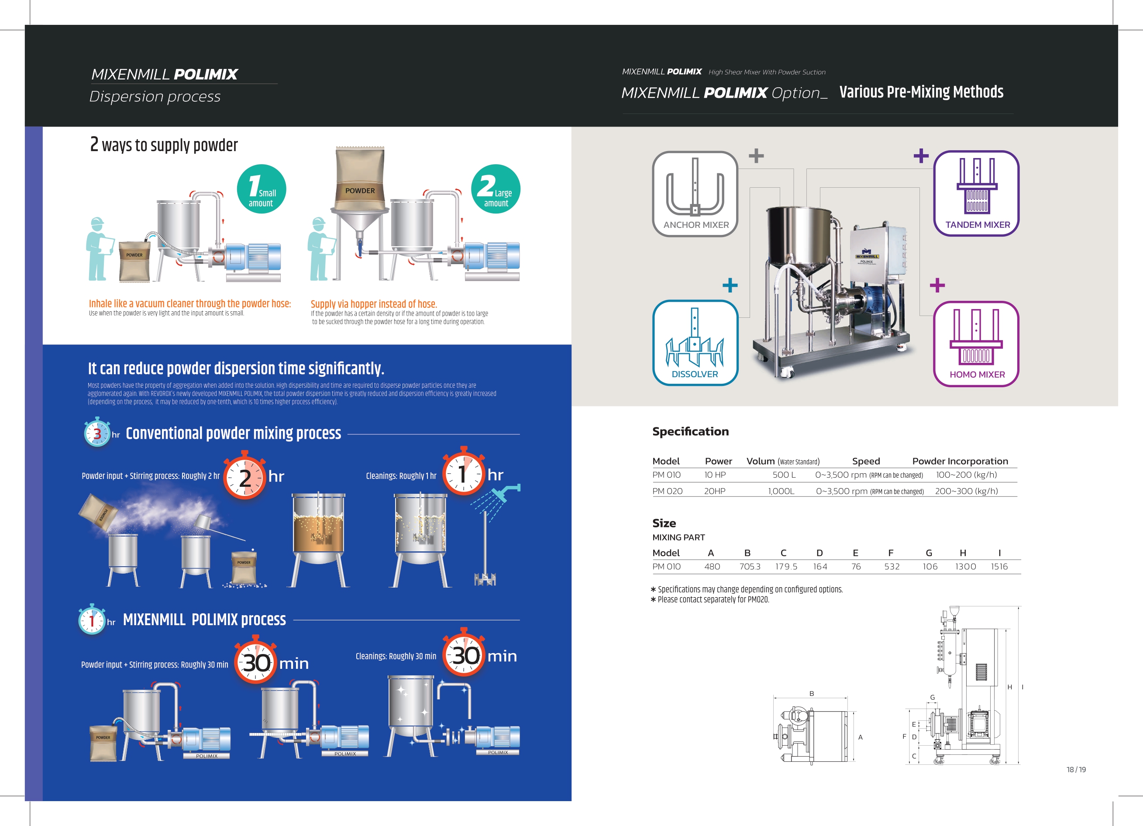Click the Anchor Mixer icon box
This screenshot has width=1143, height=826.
coord(695,194)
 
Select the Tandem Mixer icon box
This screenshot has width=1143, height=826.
coord(976,193)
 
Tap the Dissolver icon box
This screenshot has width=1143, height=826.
coord(695,343)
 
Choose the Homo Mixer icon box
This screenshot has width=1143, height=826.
coord(976,344)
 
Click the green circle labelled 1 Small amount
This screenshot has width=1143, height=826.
coord(262,189)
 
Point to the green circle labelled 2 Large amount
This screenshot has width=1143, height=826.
coord(496,189)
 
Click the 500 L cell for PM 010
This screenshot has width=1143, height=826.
coord(784,475)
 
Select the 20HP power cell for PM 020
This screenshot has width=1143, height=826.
coord(715,491)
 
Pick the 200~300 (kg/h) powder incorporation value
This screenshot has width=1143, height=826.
coord(966,491)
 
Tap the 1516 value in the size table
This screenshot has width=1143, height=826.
coord(999,567)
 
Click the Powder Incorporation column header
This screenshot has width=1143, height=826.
coord(960,461)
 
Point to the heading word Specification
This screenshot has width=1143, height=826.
coord(690,431)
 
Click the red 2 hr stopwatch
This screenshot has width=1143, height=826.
coord(244,476)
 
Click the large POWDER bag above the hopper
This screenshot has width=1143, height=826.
coord(360,179)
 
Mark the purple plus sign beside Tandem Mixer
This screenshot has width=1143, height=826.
coord(921,156)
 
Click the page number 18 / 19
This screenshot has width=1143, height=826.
coord(1076,770)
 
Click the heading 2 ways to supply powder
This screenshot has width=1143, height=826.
coord(164,145)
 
